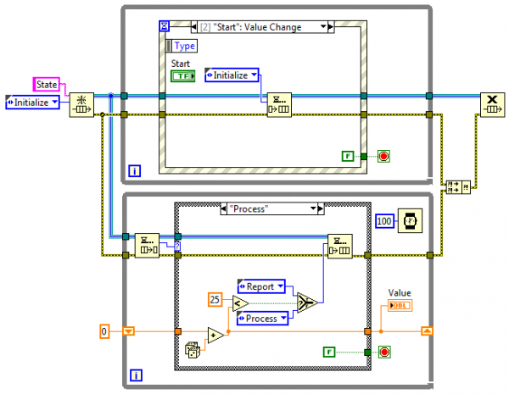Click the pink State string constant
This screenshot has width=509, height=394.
click(46, 83)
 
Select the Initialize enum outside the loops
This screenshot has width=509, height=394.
click(32, 102)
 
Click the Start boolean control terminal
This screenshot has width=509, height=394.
click(182, 76)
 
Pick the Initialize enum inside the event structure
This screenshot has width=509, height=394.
click(232, 75)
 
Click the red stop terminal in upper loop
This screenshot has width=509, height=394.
click(382, 156)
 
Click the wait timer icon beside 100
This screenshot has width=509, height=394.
click(412, 220)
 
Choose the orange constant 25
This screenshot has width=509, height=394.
click(216, 298)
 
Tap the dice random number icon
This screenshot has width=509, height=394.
click(194, 348)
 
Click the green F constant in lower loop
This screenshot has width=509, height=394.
click(329, 352)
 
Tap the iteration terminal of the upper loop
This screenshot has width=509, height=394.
click(134, 172)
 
